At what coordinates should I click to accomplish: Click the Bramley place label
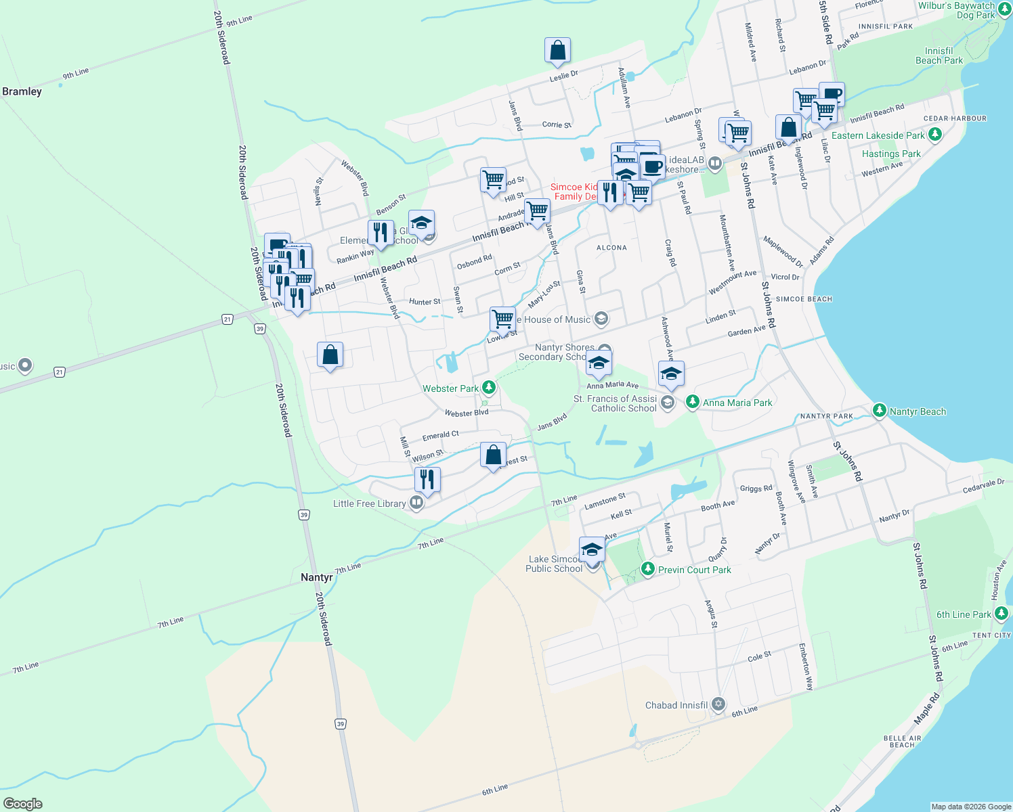[22, 91]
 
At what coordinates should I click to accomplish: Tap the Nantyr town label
[316, 577]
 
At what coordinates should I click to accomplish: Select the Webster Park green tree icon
[489, 388]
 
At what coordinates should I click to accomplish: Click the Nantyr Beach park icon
[879, 411]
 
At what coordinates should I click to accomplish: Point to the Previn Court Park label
[694, 570]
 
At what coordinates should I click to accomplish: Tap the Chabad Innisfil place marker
[718, 705]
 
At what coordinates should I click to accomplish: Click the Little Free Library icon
[417, 503]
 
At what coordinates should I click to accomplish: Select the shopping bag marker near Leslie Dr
[557, 51]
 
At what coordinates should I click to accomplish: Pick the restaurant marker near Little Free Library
[427, 480]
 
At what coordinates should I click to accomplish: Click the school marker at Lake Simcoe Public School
[592, 549]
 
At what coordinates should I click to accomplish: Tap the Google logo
[22, 803]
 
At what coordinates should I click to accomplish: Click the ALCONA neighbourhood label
[611, 248]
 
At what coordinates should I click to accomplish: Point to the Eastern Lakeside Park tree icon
[935, 135]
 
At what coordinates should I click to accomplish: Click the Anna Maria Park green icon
[692, 402]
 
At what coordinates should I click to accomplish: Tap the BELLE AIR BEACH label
[902, 742]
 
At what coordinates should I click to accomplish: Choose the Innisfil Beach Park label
[939, 55]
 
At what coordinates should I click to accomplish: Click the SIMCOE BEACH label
[804, 299]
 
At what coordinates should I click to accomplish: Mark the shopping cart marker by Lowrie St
[502, 319]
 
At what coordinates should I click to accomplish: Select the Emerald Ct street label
[440, 435]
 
